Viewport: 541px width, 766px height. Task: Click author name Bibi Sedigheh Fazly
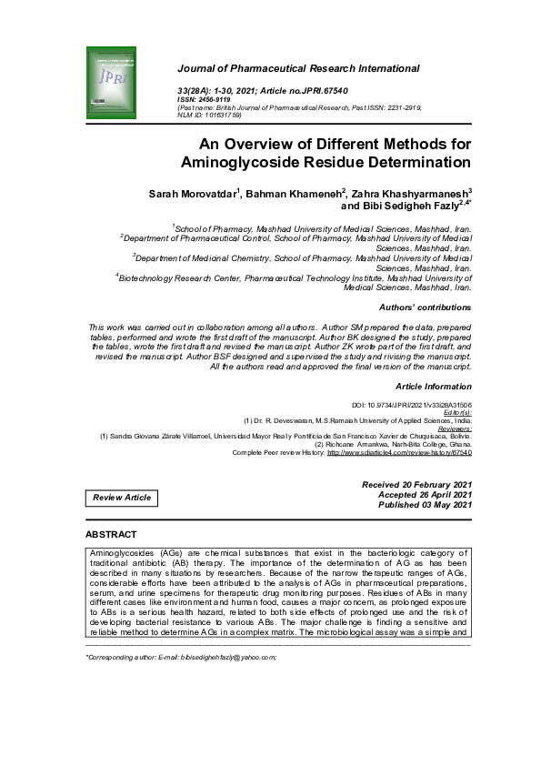pyautogui.click(x=404, y=207)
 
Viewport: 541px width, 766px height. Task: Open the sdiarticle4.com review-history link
pyautogui.click(x=399, y=452)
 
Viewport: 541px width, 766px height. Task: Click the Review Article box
pyautogui.click(x=122, y=498)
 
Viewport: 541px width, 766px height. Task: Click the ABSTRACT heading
pyautogui.click(x=111, y=534)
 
